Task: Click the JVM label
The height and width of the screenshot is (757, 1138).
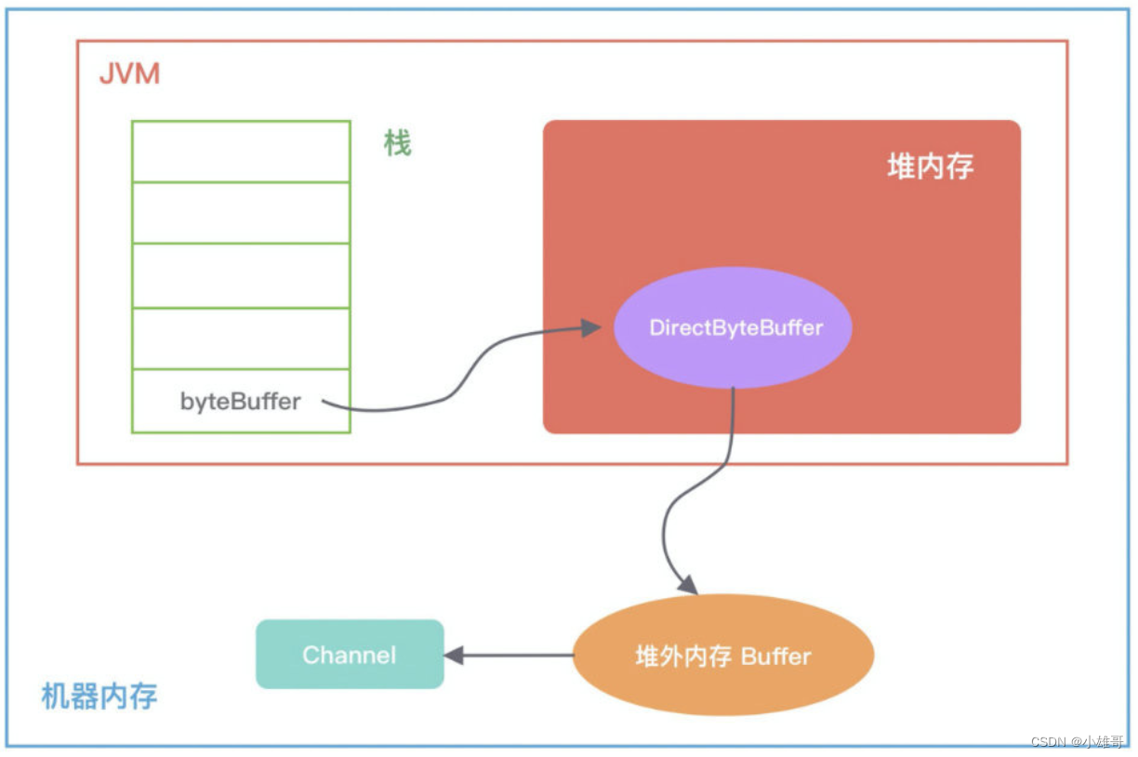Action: coord(129,73)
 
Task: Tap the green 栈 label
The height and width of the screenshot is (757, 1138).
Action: coord(397,143)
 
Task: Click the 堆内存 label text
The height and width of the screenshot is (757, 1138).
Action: coord(930,166)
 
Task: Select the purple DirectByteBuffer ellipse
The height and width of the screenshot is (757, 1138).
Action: coord(733,327)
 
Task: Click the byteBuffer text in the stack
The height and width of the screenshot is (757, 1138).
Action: coord(240,402)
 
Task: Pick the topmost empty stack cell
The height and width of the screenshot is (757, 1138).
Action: coord(241,151)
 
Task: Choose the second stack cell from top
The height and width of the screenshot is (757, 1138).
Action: coord(241,213)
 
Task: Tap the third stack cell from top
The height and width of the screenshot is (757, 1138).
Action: coord(241,275)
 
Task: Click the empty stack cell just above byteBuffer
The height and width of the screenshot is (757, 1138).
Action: coord(241,339)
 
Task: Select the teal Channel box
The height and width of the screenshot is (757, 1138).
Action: coord(350,655)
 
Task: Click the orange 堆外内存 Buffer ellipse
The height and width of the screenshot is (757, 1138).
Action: coord(723,656)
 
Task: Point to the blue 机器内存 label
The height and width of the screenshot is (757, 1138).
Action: coord(99,696)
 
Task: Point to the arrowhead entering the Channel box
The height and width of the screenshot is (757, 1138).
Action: coord(454,656)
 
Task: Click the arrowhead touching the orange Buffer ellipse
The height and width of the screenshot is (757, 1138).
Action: coord(687,584)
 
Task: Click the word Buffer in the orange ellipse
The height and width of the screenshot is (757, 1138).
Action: coord(775,657)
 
